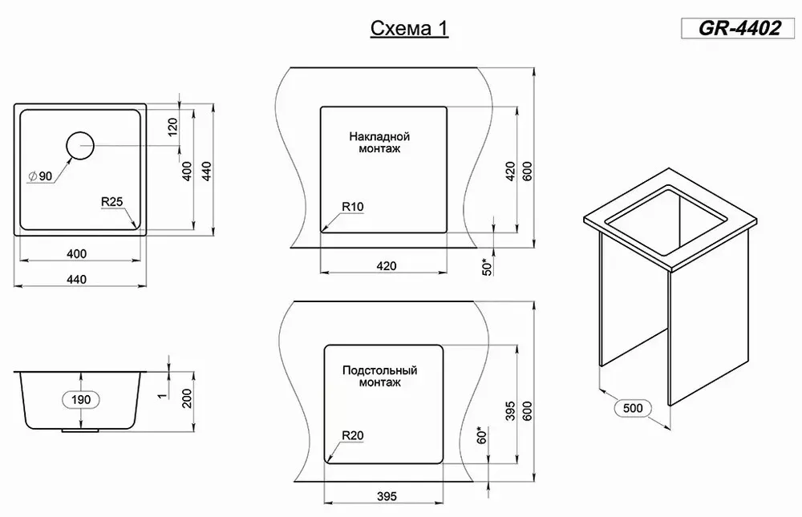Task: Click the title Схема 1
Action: [x=409, y=29]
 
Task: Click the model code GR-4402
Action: [x=739, y=28]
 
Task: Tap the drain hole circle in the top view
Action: [x=80, y=146]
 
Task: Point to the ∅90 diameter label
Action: [x=40, y=176]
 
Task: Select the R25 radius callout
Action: [x=112, y=202]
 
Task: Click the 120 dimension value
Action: [x=173, y=127]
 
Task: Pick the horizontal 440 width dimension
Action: [x=76, y=280]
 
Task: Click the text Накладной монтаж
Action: [x=379, y=143]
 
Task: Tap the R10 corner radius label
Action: [x=352, y=207]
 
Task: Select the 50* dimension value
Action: [x=488, y=266]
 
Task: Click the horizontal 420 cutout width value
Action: [x=387, y=266]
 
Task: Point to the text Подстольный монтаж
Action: [x=379, y=376]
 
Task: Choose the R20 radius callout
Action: [x=352, y=435]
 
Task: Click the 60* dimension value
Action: [x=482, y=434]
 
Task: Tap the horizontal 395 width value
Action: [x=387, y=496]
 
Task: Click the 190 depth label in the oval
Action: [x=81, y=399]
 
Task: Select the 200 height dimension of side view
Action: [x=187, y=399]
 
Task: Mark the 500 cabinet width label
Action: [x=633, y=408]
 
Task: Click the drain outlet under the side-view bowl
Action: [x=80, y=430]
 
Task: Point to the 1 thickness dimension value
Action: [x=163, y=395]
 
